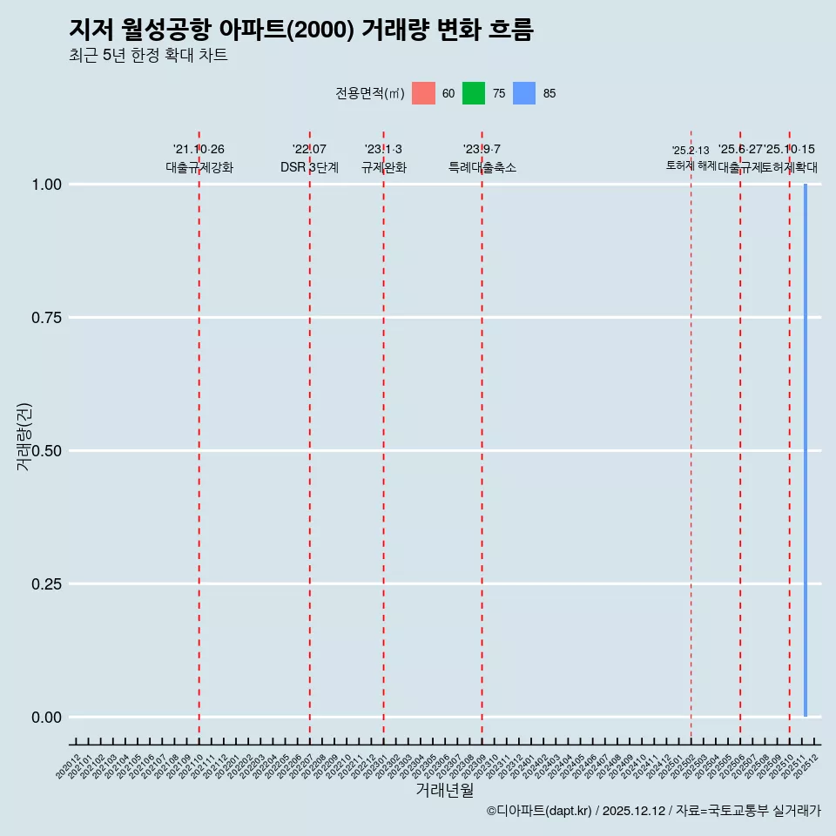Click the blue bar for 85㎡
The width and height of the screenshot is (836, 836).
[x=806, y=450]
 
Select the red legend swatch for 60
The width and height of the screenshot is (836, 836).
[x=423, y=93]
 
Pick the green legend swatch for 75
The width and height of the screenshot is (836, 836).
[x=474, y=93]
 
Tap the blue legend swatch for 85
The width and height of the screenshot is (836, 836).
[x=524, y=93]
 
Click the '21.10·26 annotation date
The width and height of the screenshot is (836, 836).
[x=199, y=150]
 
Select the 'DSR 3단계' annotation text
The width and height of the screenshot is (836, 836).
[x=309, y=167]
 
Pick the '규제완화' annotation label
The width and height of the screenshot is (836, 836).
[x=384, y=167]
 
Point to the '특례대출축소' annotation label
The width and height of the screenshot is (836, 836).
[x=482, y=167]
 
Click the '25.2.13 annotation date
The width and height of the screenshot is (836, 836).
[x=691, y=151]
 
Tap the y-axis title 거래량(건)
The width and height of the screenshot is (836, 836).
[x=24, y=437]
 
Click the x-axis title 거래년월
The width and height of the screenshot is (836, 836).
[x=445, y=790]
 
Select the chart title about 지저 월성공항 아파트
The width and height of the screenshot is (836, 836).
[x=300, y=30]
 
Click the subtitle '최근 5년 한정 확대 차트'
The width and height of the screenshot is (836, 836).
[x=148, y=56]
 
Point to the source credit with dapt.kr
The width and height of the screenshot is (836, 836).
[x=653, y=811]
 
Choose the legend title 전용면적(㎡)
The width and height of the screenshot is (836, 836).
[x=370, y=93]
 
